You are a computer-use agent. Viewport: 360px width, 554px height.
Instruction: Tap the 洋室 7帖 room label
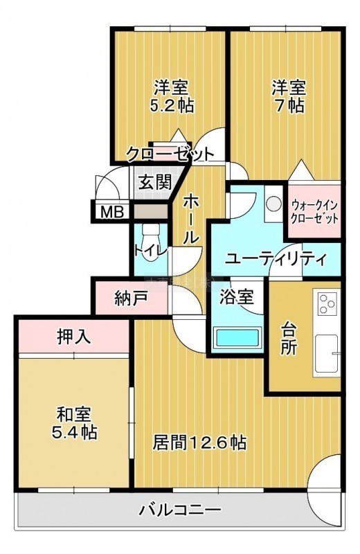289,96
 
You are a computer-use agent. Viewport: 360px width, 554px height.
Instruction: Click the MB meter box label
112,212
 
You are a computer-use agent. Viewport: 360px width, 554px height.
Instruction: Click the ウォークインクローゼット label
314,211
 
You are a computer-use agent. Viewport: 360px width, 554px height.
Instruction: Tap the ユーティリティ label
276,259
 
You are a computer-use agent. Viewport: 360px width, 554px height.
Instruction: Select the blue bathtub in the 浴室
237,338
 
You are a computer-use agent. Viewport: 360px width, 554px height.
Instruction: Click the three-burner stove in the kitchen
327,304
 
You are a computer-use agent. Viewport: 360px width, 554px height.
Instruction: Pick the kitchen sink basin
326,353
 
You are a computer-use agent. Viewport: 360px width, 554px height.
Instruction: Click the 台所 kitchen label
288,339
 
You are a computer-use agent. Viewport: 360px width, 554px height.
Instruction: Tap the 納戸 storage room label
131,299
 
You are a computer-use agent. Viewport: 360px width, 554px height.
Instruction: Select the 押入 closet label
74,336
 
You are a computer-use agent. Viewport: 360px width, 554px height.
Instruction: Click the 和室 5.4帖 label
75,423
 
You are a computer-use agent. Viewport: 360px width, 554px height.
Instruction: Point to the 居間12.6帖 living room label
199,443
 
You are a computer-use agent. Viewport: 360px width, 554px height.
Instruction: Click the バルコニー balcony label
180,510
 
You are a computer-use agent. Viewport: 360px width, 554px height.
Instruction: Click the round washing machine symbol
273,204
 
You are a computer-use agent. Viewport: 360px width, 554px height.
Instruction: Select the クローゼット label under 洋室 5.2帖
170,154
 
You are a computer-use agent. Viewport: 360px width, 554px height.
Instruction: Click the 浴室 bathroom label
237,297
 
